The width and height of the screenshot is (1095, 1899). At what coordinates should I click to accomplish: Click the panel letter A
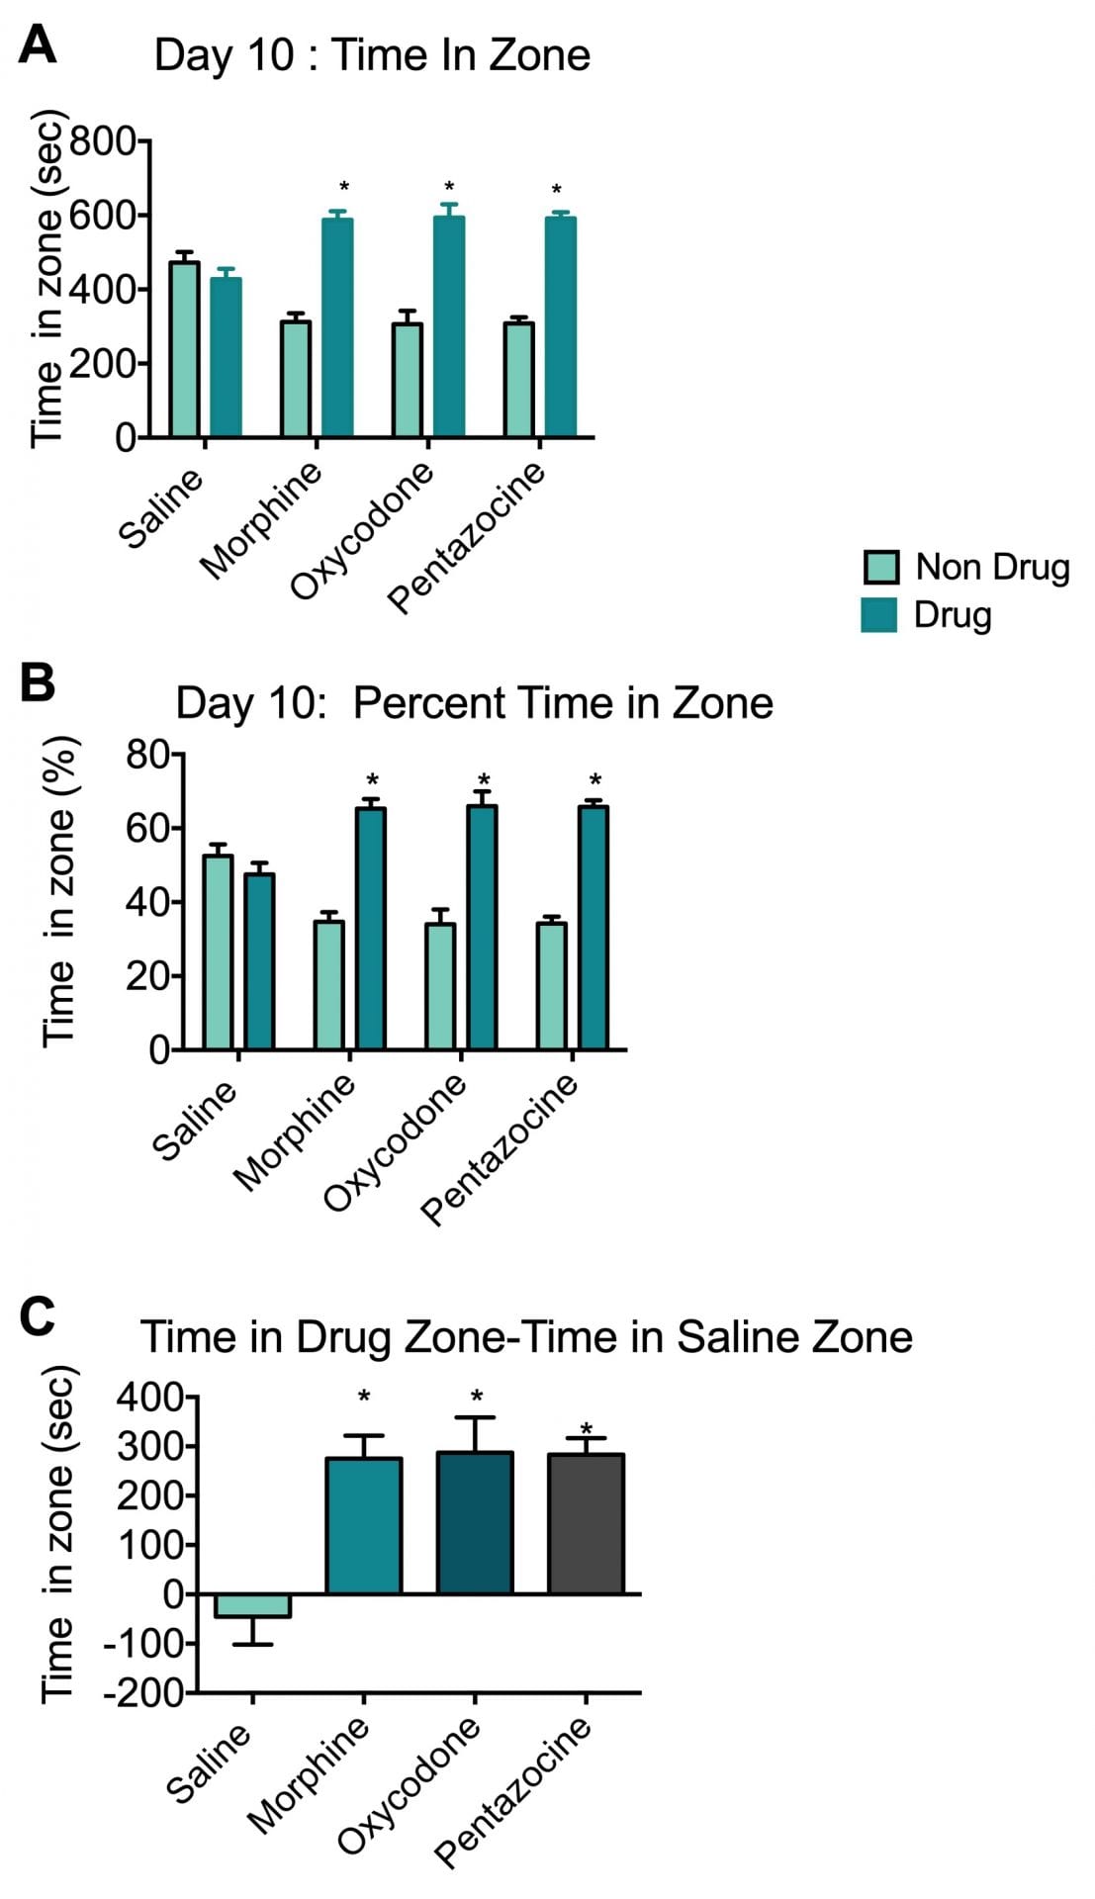(38, 45)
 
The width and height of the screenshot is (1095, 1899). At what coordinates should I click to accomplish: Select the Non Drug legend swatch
(880, 567)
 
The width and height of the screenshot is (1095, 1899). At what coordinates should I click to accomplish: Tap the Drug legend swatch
(879, 614)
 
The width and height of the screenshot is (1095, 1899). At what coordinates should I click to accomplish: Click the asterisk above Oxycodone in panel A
(449, 187)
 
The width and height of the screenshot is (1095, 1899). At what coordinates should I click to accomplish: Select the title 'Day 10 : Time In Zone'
(372, 54)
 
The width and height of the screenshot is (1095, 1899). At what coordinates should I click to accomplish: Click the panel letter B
(38, 682)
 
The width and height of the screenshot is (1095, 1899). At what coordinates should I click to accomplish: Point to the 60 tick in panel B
(148, 828)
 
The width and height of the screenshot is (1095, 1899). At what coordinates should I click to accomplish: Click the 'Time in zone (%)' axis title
(59, 890)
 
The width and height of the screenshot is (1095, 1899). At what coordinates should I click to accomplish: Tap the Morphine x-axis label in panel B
(294, 1131)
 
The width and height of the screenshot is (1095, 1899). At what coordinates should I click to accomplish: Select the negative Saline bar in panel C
(252, 1604)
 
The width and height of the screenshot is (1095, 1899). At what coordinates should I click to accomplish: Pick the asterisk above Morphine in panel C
(364, 1398)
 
